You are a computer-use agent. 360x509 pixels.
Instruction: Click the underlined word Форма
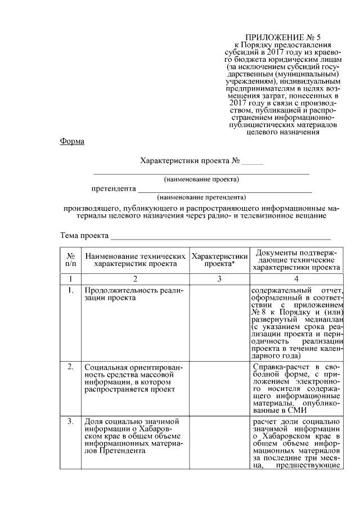(72, 141)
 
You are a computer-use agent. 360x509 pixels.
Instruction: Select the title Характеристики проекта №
(190, 161)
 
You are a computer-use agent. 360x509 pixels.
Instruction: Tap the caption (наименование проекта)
(201, 179)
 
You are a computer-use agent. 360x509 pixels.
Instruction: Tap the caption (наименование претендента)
(201, 197)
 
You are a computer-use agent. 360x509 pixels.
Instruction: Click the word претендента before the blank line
(114, 188)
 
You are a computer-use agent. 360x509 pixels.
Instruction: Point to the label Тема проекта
(84, 235)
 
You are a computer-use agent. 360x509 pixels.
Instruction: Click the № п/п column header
(71, 259)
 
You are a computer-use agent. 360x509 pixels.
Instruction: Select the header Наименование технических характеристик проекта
(136, 259)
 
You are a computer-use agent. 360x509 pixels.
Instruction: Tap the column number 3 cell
(220, 278)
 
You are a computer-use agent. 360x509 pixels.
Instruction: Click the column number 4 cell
(296, 278)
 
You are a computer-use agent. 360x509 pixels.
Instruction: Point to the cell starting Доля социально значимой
(134, 436)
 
